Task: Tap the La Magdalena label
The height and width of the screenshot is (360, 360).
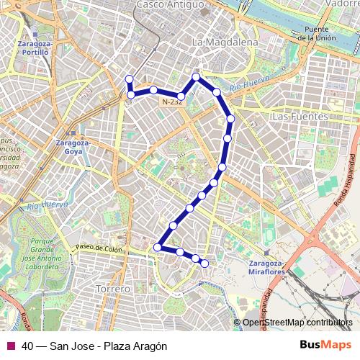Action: [225, 42]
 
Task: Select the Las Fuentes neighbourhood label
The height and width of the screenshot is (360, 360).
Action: [300, 116]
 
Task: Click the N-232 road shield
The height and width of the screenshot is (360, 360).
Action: [171, 102]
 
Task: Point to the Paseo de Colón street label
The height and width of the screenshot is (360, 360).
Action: [99, 249]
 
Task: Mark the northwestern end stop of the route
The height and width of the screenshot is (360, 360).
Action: [130, 79]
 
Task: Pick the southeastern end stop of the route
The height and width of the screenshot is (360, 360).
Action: [204, 264]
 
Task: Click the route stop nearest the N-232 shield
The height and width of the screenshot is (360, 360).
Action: [181, 95]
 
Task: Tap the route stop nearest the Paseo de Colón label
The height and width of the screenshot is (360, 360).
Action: [157, 248]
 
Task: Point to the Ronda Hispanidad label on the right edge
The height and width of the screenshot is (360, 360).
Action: [352, 181]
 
